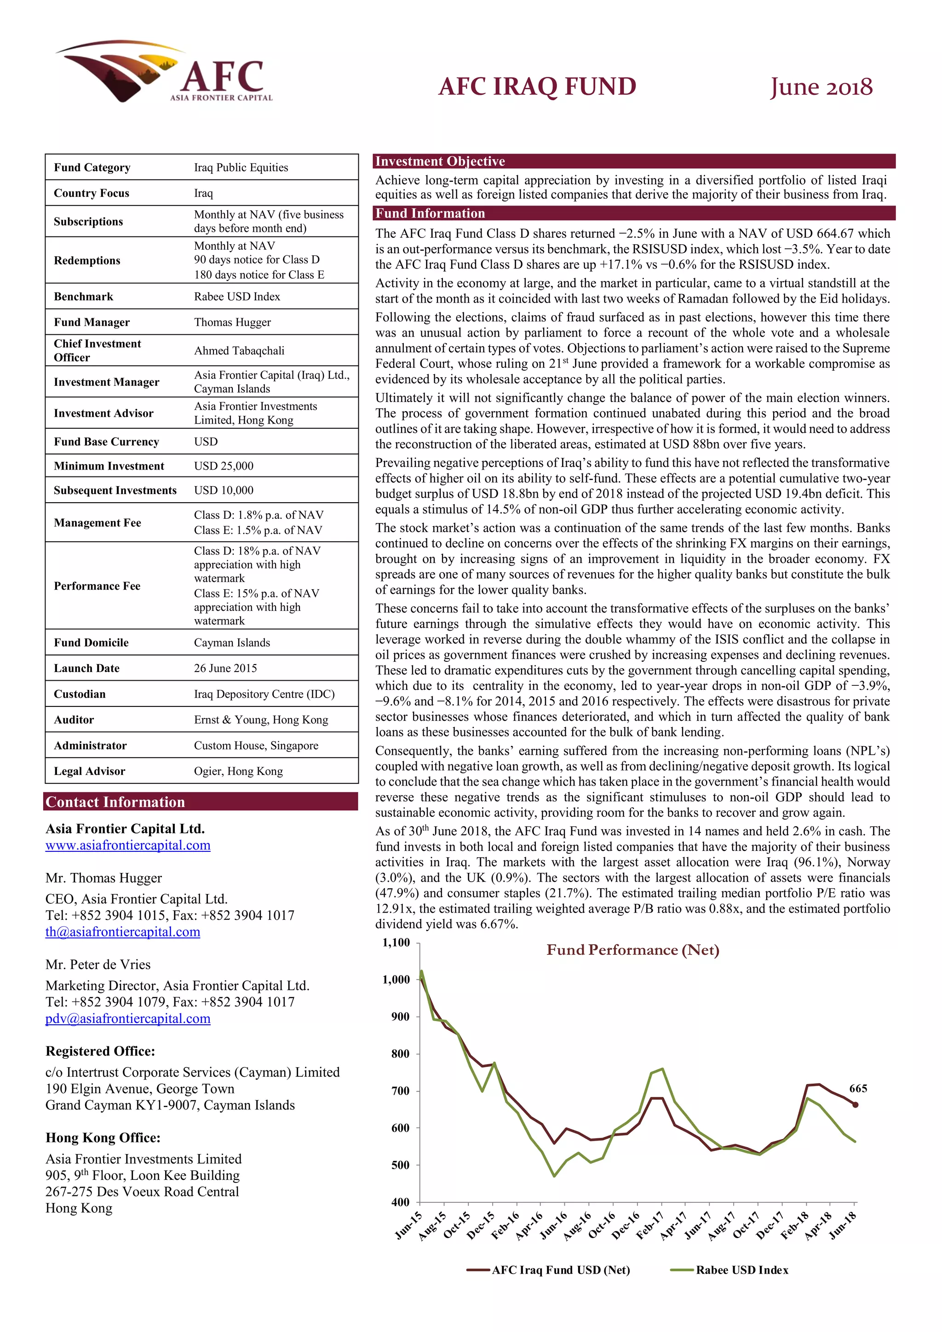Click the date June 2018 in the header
pyautogui.click(x=821, y=87)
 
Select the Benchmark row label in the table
pyautogui.click(x=84, y=297)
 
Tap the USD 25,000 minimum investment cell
pyautogui.click(x=224, y=466)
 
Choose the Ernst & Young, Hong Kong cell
pyautogui.click(x=260, y=719)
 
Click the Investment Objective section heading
pyautogui.click(x=440, y=161)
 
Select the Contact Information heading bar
pyautogui.click(x=115, y=802)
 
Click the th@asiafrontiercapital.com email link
pyautogui.click(x=122, y=932)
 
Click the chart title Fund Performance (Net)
pyautogui.click(x=632, y=950)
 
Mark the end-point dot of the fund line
pyautogui.click(x=855, y=1105)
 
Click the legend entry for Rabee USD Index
pyautogui.click(x=741, y=1270)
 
